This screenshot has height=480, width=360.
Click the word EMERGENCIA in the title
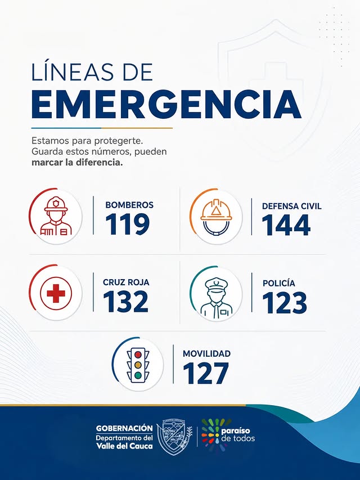point(166,104)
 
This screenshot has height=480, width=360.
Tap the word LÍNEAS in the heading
point(74,71)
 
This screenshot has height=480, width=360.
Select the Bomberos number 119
point(127,224)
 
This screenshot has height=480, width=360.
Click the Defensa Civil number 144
point(286,225)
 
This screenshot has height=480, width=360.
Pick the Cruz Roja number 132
point(126,301)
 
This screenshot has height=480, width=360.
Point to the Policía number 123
point(285,302)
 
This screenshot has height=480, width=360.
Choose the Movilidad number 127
point(206,373)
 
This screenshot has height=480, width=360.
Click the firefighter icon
point(56,216)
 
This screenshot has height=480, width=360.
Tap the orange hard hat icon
point(216,217)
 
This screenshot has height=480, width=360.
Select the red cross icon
point(56,293)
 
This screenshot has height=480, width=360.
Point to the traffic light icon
point(138,365)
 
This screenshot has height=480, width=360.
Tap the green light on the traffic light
point(138,375)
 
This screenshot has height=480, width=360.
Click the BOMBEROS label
point(129,205)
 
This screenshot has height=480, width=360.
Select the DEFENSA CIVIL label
point(292,206)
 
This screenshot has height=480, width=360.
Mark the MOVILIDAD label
point(206,353)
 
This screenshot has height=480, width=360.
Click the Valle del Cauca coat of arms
point(174,437)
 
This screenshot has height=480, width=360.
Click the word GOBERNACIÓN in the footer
point(124,428)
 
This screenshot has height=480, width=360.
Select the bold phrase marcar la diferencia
point(77,162)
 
